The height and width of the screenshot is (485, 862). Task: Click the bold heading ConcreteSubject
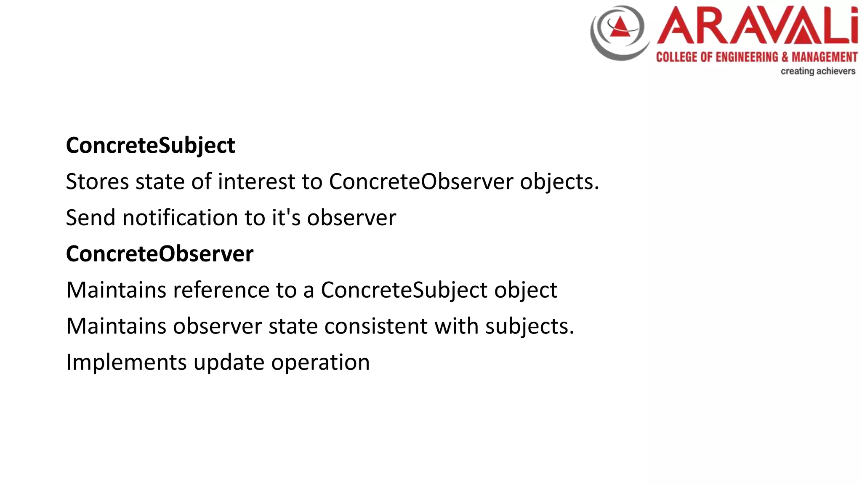pos(150,146)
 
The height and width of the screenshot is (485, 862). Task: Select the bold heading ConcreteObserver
pos(160,254)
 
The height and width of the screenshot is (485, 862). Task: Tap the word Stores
pos(97,182)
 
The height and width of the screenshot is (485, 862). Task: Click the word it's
pos(286,218)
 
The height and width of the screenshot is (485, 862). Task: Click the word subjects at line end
pos(529,326)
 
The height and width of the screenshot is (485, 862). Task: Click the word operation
pos(320,362)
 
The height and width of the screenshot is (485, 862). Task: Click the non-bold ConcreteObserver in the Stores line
pos(421,182)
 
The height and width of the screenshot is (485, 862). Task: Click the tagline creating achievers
pos(818,71)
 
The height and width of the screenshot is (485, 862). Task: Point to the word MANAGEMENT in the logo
pos(824,57)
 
